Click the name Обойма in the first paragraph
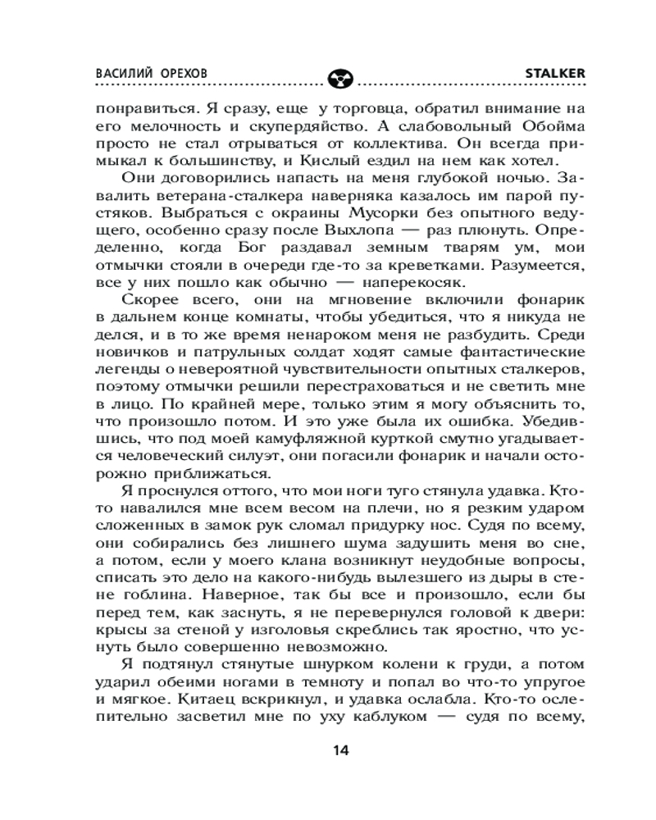tap(529, 125)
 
